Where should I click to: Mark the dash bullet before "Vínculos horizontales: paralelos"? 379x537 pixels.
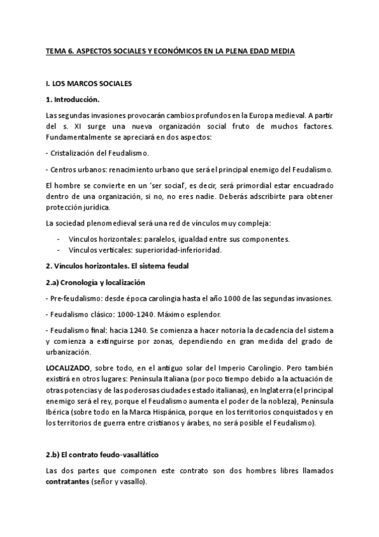58,239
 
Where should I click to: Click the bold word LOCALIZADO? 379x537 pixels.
68,369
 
